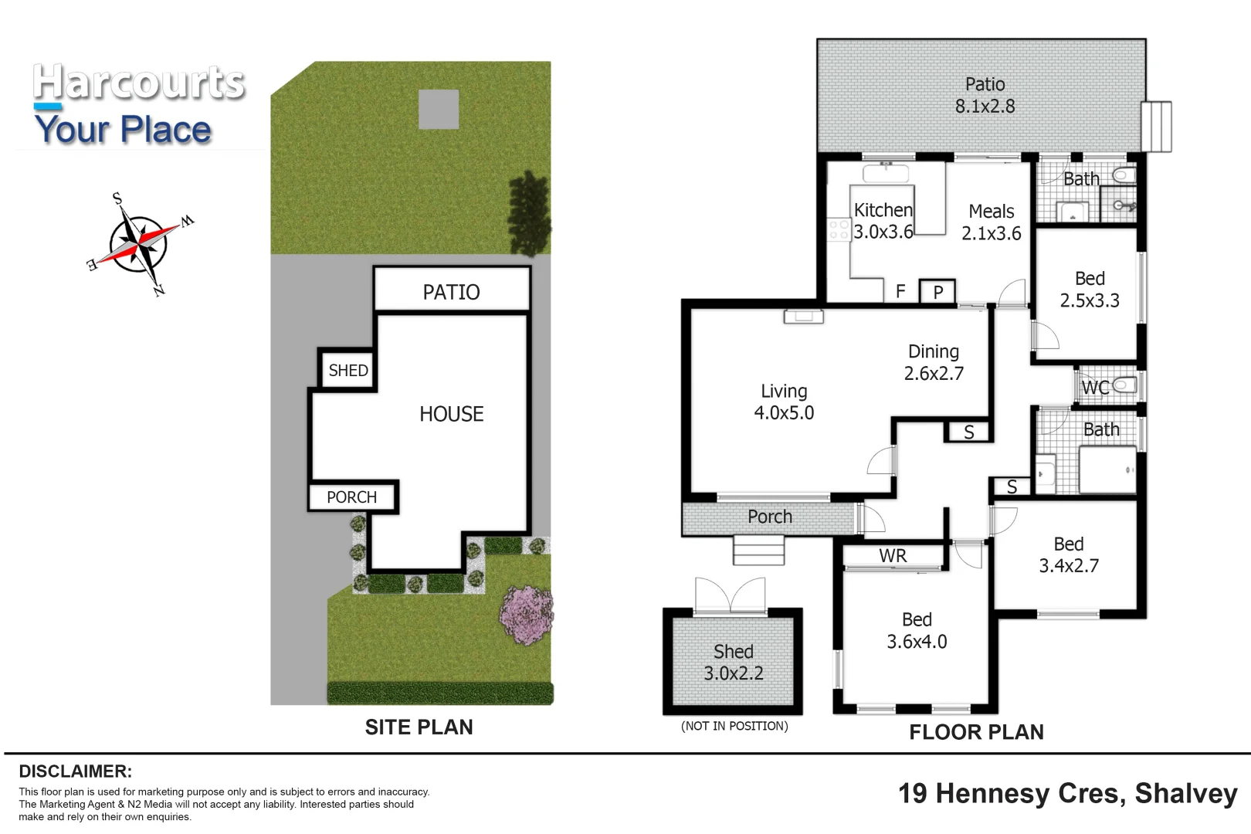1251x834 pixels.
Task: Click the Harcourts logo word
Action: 139,83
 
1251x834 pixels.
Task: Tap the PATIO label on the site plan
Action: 452,292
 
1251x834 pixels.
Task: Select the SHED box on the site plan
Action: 347,370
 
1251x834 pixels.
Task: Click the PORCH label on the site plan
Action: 351,497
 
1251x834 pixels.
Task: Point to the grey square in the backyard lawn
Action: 439,109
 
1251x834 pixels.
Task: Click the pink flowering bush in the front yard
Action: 527,614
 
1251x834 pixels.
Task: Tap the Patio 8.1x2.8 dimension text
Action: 985,106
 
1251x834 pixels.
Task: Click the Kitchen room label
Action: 883,210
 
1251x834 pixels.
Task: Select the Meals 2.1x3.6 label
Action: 991,222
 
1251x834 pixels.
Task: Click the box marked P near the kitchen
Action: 937,292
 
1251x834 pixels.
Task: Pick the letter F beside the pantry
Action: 900,291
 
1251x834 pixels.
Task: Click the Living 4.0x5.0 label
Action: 784,402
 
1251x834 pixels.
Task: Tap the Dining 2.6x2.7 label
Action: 934,362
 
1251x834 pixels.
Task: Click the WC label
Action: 1094,387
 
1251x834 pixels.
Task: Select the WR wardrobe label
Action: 893,556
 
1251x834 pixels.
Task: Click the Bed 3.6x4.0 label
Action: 917,630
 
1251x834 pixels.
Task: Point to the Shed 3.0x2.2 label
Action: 733,663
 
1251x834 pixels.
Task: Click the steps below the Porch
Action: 758,551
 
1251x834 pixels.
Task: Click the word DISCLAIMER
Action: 75,771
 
